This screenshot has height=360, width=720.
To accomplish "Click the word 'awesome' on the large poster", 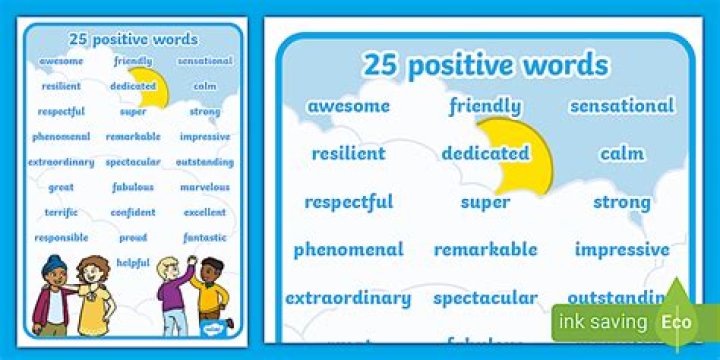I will click(x=348, y=106).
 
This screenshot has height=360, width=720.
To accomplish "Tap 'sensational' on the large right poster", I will click(x=622, y=106).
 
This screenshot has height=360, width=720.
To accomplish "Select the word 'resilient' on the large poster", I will click(x=348, y=154).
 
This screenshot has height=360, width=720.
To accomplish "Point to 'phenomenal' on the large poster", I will click(x=348, y=250).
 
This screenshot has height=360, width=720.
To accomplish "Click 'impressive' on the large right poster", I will click(x=622, y=250).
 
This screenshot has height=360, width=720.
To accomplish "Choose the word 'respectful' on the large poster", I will click(x=348, y=202).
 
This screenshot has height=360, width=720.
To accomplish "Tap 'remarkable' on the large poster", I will click(x=485, y=250).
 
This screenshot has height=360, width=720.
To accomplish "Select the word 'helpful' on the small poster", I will click(x=133, y=263).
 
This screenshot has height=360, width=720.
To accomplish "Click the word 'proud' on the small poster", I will click(x=133, y=238).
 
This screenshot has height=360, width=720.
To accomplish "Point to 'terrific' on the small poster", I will click(x=61, y=213).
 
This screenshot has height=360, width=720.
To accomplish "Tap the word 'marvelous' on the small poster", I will click(x=205, y=187).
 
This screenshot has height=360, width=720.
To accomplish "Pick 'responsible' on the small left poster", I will click(x=61, y=238).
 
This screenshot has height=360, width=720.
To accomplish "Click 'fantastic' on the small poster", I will click(x=205, y=238).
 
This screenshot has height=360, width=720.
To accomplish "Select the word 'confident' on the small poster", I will click(x=133, y=213).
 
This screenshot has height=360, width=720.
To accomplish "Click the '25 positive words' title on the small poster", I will click(x=133, y=39).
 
